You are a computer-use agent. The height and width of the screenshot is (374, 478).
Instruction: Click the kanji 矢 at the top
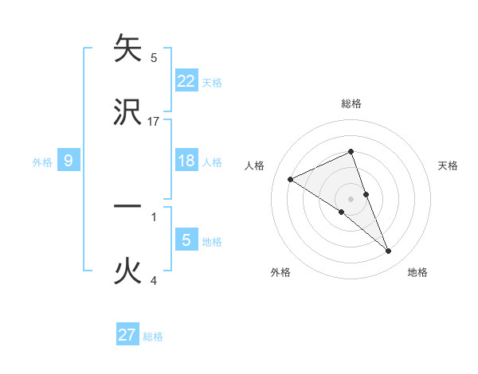(127, 49)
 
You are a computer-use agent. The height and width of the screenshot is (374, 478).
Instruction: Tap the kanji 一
(127, 206)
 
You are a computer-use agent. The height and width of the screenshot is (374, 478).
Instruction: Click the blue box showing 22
(186, 80)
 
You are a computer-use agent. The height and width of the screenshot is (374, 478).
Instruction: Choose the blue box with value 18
(186, 161)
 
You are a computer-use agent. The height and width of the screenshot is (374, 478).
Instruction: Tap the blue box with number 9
(69, 161)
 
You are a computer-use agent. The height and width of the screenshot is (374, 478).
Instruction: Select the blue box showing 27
(127, 334)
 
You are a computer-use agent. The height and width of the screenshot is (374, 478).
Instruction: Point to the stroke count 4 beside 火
(153, 280)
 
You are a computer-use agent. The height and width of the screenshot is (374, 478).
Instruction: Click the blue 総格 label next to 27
(153, 337)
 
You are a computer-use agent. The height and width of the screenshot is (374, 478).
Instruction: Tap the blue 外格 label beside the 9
(42, 162)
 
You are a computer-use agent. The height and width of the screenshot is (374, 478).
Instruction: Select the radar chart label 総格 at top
(351, 103)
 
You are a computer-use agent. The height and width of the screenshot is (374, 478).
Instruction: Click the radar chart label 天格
(448, 166)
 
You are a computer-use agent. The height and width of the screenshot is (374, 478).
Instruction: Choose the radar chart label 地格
(417, 272)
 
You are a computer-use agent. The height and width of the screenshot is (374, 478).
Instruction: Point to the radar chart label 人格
(254, 166)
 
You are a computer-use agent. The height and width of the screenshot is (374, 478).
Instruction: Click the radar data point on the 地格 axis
(389, 251)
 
